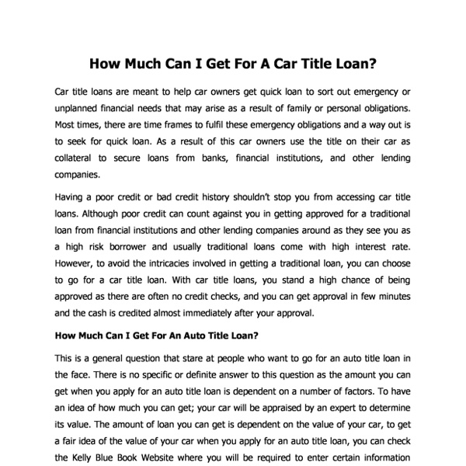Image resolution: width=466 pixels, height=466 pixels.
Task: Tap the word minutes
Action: tap(393, 297)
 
